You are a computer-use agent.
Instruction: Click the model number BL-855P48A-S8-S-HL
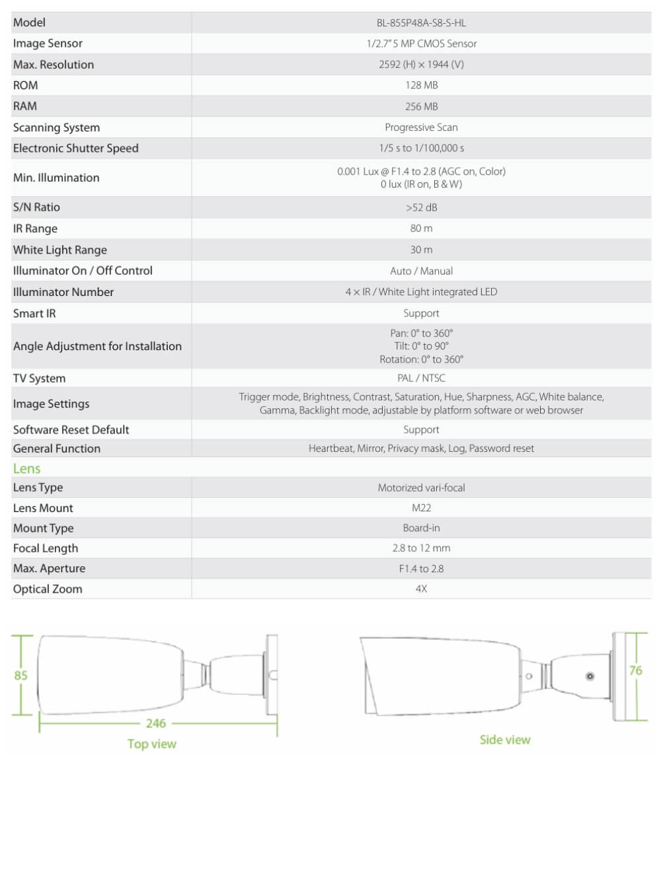pyautogui.click(x=421, y=22)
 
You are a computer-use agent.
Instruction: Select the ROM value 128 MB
pyautogui.click(x=421, y=85)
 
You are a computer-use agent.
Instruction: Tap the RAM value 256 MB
pyautogui.click(x=421, y=106)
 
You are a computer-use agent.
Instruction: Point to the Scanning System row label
pyautogui.click(x=56, y=128)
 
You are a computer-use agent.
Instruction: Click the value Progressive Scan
pyautogui.click(x=421, y=128)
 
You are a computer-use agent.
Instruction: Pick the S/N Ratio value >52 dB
pyautogui.click(x=421, y=207)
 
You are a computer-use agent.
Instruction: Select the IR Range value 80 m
pyautogui.click(x=421, y=229)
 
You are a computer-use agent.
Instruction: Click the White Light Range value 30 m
pyautogui.click(x=421, y=250)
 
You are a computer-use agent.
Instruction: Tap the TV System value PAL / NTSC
pyautogui.click(x=421, y=378)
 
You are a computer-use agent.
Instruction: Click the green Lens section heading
pyautogui.click(x=27, y=468)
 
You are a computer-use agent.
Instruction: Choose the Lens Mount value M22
pyautogui.click(x=421, y=508)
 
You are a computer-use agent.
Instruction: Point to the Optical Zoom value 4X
pyautogui.click(x=421, y=589)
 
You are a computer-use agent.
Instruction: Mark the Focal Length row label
pyautogui.click(x=46, y=548)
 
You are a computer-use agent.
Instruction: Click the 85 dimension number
pyautogui.click(x=21, y=675)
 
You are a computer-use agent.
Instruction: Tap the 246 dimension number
pyautogui.click(x=156, y=723)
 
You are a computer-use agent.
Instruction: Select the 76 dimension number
pyautogui.click(x=635, y=671)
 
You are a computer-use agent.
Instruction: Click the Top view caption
pyautogui.click(x=152, y=744)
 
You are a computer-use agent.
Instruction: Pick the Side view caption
pyautogui.click(x=505, y=740)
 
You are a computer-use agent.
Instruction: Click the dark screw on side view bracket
pyautogui.click(x=590, y=676)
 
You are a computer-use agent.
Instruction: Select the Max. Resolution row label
pyautogui.click(x=54, y=65)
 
